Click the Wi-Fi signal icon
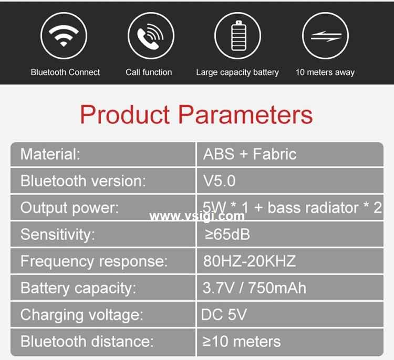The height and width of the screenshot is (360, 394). point(64,36)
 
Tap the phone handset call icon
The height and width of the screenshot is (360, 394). point(150,36)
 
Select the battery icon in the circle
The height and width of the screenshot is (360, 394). point(238,36)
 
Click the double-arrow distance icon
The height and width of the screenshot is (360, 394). point(326,36)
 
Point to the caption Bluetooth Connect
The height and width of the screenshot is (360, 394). point(65,72)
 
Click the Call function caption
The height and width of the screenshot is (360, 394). point(149,72)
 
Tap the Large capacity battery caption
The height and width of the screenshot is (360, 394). point(237,72)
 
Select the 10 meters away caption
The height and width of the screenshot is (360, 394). point(325,72)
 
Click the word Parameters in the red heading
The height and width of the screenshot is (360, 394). point(245,115)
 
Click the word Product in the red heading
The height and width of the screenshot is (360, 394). point(125,115)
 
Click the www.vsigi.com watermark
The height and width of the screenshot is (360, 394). point(197,216)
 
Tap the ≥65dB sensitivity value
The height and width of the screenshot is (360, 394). point(227,235)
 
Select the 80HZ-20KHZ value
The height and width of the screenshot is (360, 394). point(249,261)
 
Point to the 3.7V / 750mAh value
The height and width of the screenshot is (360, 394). point(254,288)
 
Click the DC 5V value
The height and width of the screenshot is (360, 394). point(224,314)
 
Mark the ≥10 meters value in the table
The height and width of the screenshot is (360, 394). point(242,342)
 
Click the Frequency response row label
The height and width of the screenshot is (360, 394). point(94,261)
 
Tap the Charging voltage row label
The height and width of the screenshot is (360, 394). point(81,315)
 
